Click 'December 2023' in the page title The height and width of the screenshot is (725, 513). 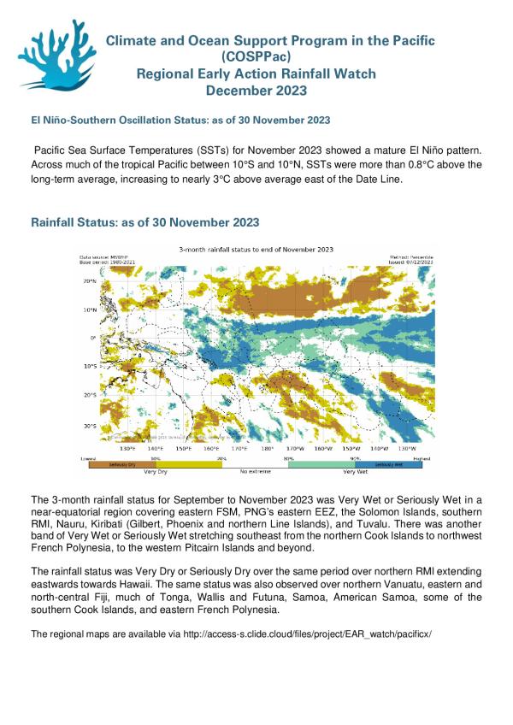(x=256, y=90)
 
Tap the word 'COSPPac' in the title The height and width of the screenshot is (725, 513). (x=256, y=56)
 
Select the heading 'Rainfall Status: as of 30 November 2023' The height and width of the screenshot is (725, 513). (x=144, y=222)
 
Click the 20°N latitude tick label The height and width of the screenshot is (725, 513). (x=87, y=280)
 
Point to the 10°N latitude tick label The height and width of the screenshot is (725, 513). (x=87, y=309)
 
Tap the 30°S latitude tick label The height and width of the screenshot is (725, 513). (x=87, y=425)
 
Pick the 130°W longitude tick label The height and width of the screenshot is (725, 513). (x=407, y=447)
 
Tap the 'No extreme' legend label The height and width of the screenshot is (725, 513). (x=254, y=471)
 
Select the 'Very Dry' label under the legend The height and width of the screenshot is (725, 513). (x=155, y=471)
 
